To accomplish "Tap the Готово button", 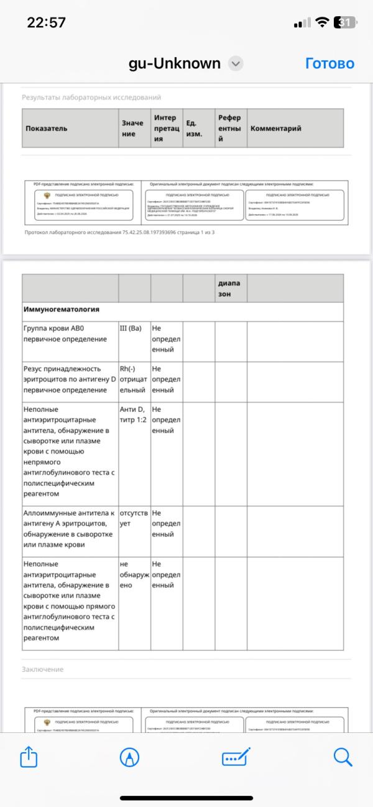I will pyautogui.click(x=329, y=63).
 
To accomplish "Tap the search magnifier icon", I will pyautogui.click(x=343, y=757).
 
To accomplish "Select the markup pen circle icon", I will pyautogui.click(x=129, y=757).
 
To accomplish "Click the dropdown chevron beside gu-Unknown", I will pyautogui.click(x=236, y=63).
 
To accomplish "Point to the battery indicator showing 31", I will pyautogui.click(x=344, y=22).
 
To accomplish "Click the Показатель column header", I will pyautogui.click(x=47, y=128).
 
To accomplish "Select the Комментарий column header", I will pyautogui.click(x=275, y=128).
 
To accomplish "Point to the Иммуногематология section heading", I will pyautogui.click(x=62, y=309).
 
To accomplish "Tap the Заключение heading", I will pyautogui.click(x=42, y=669).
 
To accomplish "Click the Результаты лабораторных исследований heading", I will pyautogui.click(x=91, y=98).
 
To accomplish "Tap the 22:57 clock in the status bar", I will pyautogui.click(x=47, y=22).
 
